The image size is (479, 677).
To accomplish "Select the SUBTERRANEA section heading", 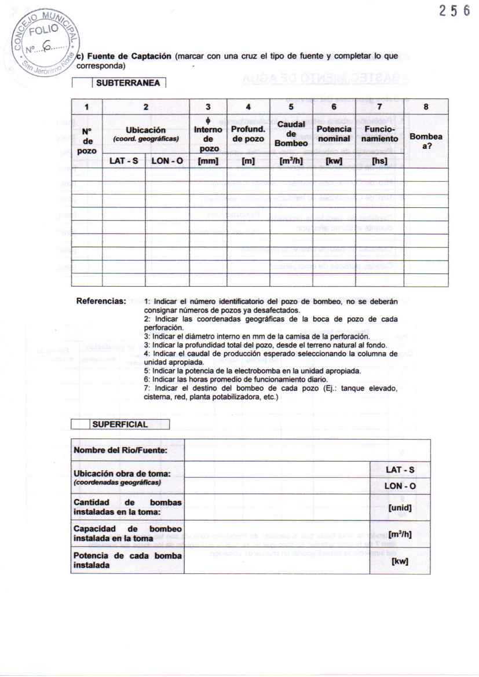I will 128,83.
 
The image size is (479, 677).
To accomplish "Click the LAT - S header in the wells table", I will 123,161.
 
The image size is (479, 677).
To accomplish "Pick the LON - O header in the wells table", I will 167,161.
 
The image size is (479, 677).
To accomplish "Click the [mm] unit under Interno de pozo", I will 207,161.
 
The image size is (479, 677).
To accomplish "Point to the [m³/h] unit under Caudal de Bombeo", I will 291,161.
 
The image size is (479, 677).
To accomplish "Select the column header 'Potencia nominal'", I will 334,134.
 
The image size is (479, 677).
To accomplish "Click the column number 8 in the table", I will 426,107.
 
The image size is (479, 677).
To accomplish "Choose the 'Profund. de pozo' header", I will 248,134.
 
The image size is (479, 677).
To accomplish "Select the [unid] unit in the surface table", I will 400,508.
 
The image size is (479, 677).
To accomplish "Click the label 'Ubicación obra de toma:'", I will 122,473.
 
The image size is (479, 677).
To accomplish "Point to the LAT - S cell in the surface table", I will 400,469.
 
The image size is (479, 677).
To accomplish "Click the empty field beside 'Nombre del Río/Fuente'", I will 307,450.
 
